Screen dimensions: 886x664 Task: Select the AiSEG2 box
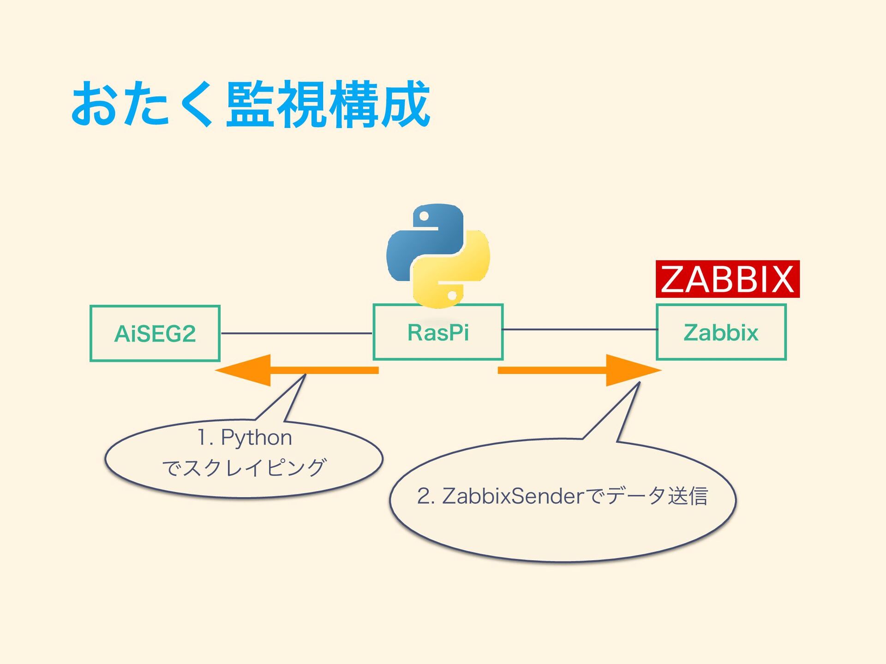(155, 333)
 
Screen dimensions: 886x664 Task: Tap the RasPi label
(438, 332)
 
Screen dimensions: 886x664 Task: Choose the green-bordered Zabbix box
(721, 332)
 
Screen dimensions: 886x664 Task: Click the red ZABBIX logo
(728, 279)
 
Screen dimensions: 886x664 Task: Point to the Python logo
(438, 256)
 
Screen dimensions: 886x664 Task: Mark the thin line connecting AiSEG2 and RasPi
(297, 333)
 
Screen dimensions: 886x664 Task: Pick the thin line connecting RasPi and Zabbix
(580, 329)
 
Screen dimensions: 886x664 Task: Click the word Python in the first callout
(257, 437)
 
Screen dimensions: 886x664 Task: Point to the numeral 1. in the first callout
(205, 437)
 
